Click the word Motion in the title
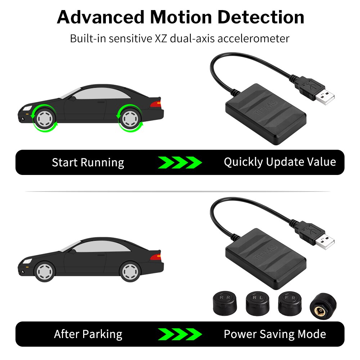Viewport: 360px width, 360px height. (x=181, y=17)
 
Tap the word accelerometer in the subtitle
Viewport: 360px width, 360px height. (x=253, y=39)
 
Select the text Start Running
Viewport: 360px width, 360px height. (x=88, y=163)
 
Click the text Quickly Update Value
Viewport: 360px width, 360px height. (x=280, y=162)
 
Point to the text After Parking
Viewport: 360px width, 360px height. (x=88, y=334)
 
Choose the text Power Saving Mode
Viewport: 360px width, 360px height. (x=275, y=334)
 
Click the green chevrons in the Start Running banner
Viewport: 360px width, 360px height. (x=180, y=163)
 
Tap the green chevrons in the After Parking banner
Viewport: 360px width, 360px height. (x=180, y=334)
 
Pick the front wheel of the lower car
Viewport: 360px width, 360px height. (x=45, y=272)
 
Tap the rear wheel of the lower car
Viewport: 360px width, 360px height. (x=130, y=272)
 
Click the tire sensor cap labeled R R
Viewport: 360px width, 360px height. (x=225, y=303)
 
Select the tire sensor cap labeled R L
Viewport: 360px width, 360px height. (x=258, y=303)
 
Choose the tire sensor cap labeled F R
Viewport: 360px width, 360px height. (x=290, y=303)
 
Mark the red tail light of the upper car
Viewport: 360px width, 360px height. (x=156, y=104)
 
